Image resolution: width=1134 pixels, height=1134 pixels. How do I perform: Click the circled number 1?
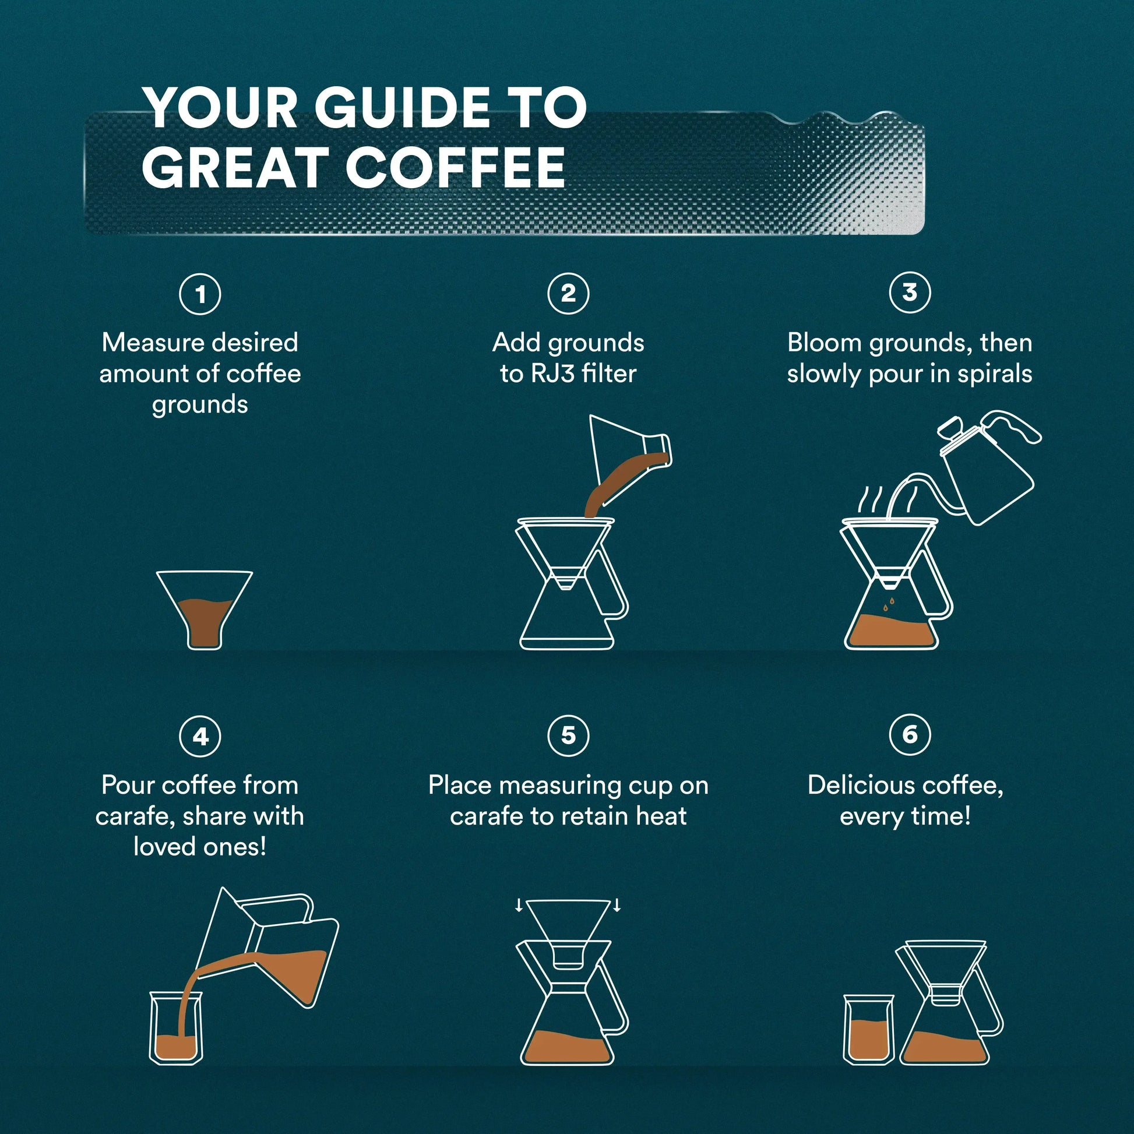pyautogui.click(x=200, y=294)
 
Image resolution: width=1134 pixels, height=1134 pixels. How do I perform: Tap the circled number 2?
pyautogui.click(x=568, y=293)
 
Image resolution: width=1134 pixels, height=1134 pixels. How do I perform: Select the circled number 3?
pyautogui.click(x=909, y=292)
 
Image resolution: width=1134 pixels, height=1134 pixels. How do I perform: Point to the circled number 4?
pyautogui.click(x=200, y=736)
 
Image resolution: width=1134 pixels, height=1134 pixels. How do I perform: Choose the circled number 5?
pyautogui.click(x=568, y=735)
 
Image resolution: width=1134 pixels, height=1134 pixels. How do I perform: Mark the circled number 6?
pyautogui.click(x=909, y=734)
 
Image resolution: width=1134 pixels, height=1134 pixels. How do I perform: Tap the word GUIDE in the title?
pyautogui.click(x=402, y=107)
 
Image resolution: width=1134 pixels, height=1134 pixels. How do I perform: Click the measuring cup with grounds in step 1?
pyautogui.click(x=204, y=611)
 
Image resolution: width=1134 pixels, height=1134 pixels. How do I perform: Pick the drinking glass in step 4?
pyautogui.click(x=175, y=1027)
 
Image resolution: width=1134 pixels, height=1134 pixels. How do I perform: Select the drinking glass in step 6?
pyautogui.click(x=869, y=1030)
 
